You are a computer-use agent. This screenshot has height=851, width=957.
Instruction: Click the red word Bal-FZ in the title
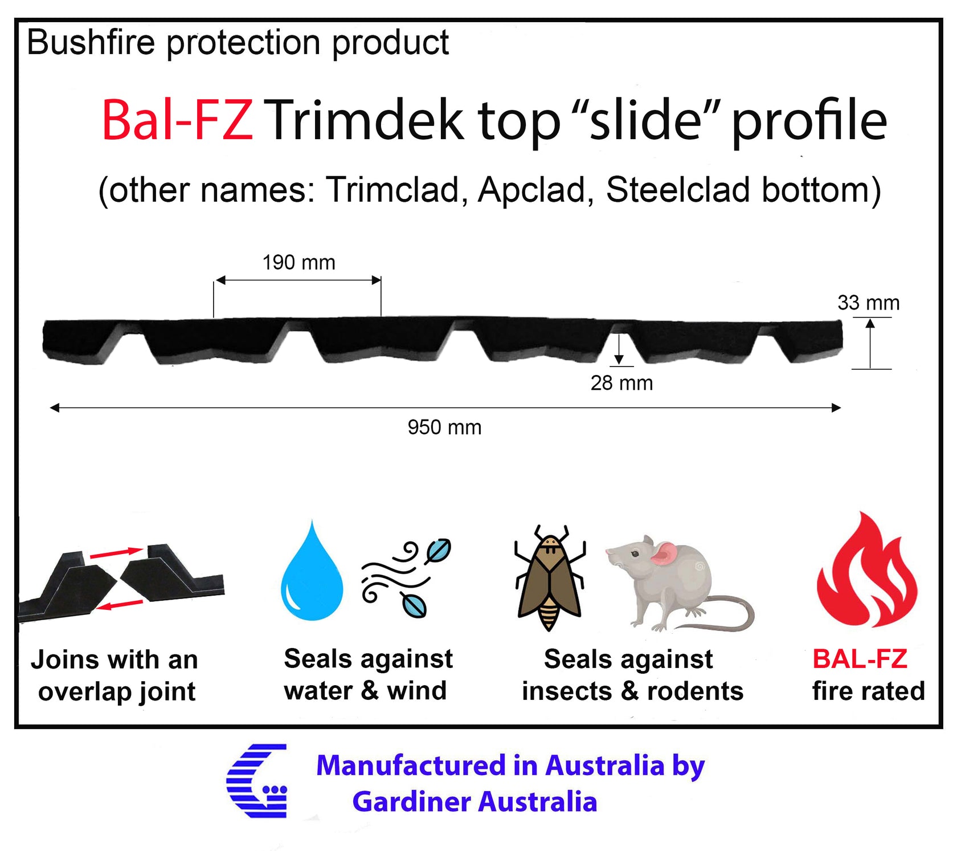(177, 120)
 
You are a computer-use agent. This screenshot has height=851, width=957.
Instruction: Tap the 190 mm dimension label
(298, 263)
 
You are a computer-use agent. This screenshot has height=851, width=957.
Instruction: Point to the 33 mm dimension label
(868, 303)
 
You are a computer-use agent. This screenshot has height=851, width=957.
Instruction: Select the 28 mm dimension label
(621, 383)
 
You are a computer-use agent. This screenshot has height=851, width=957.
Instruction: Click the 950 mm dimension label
(444, 427)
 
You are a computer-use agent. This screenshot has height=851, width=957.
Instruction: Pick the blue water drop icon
(312, 571)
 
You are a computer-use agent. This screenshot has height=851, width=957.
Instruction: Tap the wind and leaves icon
(406, 577)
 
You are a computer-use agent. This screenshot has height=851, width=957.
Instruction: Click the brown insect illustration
(550, 578)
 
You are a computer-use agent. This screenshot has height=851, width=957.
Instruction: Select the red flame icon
(866, 570)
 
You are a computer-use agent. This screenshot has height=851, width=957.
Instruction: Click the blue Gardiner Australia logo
(257, 780)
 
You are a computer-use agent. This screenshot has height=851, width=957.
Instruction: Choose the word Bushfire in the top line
(91, 42)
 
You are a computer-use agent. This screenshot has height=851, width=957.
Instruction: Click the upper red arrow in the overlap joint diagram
(116, 552)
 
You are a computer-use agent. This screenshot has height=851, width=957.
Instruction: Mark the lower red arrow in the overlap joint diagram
(120, 604)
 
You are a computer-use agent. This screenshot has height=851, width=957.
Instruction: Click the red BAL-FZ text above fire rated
(860, 659)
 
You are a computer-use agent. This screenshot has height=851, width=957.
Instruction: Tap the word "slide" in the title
(645, 120)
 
